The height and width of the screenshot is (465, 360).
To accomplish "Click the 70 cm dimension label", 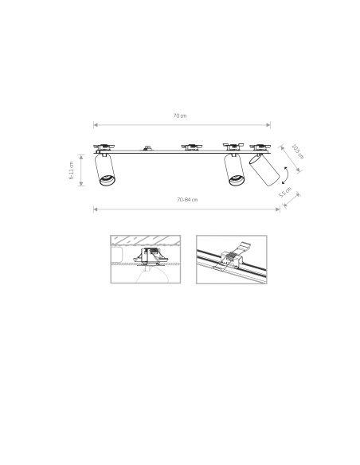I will click(x=180, y=117).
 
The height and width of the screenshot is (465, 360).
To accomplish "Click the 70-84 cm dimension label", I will click(x=186, y=199).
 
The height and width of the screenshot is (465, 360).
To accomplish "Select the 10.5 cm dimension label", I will click(x=294, y=150).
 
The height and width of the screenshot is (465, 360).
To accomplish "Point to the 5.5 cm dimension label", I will click(x=286, y=193).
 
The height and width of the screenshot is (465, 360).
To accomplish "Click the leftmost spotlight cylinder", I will click(x=104, y=170).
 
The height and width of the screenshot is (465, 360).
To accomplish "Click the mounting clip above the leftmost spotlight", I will click(x=104, y=147).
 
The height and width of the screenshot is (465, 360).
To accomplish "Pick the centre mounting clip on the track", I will click(x=191, y=147).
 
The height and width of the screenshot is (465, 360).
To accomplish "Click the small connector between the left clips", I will click(x=147, y=147).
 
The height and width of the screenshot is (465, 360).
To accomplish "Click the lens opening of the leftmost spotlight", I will click(x=104, y=180).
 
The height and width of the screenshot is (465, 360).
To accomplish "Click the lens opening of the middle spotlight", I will click(x=235, y=181).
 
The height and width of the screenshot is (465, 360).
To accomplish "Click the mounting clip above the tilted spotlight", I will click(x=260, y=147).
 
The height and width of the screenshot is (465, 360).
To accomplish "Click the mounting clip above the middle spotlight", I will click(x=232, y=147).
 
